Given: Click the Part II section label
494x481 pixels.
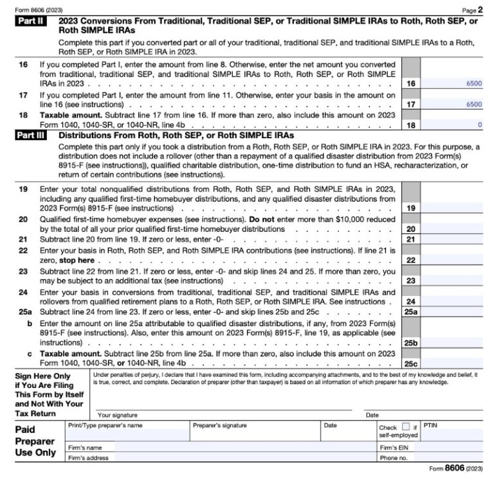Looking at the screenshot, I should point(30,21).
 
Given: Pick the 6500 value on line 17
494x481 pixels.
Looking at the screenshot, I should point(473,104).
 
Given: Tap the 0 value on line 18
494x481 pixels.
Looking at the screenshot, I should point(479,124).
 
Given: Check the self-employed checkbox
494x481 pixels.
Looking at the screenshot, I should point(405,426).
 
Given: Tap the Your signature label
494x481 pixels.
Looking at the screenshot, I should point(117,415).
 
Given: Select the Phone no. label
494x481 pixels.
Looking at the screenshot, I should point(394,458).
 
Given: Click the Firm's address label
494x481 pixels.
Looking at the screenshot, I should point(88,458).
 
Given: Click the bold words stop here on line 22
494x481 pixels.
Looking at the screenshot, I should point(77,260).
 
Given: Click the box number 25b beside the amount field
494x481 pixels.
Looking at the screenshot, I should point(410,344).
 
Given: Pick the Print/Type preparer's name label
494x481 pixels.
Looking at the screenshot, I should point(105,425).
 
